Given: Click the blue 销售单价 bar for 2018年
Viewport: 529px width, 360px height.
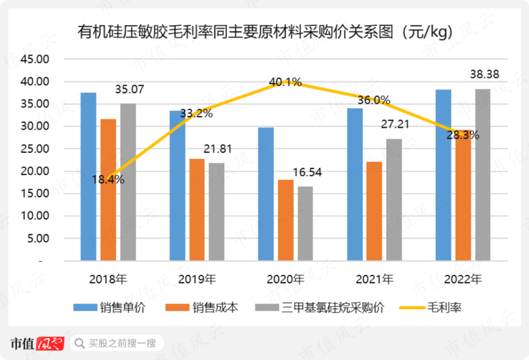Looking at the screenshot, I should pos(88,176).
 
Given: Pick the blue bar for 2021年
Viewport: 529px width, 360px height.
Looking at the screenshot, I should pos(355,184).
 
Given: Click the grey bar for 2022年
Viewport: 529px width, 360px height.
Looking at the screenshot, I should pos(482,174).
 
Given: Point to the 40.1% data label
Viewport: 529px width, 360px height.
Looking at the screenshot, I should pos(285,82).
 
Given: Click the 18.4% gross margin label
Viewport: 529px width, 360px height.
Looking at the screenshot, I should pos(108,179).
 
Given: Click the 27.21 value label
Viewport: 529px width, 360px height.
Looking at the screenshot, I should pos(395,124).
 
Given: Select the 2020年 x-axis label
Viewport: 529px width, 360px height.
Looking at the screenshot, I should pos(286,280).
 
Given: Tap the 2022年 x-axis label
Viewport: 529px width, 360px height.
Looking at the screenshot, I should pos(463,280).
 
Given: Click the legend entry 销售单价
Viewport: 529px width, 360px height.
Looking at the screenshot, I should pos(110,308).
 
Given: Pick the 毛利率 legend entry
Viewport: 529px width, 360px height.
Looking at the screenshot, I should pos(431,308).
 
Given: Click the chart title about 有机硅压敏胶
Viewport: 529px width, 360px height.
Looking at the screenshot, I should pos(264,32).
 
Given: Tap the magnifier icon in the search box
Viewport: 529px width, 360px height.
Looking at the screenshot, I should pos(78,343).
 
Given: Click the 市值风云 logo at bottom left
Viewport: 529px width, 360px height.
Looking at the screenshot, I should pos(37,343).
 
